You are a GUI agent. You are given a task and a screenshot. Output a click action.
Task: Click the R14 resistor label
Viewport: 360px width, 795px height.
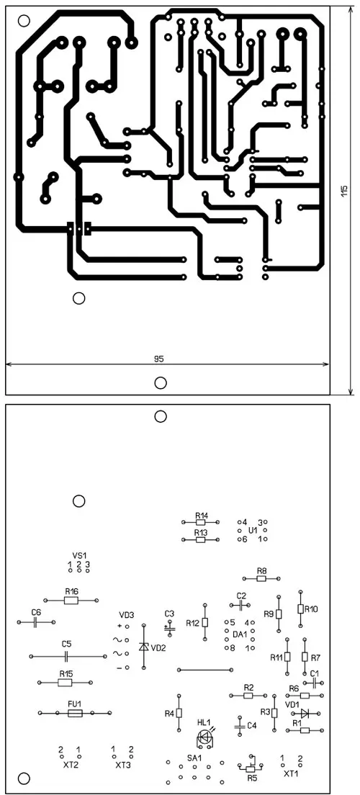[202, 514]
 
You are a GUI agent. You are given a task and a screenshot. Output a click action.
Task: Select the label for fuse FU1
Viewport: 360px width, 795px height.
[75, 704]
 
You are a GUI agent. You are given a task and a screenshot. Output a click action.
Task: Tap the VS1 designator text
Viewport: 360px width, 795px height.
[78, 556]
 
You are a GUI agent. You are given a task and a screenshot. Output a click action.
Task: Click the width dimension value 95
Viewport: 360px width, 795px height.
[158, 359]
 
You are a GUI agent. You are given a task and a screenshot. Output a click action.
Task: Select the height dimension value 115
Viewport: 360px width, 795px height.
[344, 191]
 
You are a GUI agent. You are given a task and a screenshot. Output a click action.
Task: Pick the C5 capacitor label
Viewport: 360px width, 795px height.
[66, 644]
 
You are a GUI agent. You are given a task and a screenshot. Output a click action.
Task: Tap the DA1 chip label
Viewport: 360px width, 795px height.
[240, 634]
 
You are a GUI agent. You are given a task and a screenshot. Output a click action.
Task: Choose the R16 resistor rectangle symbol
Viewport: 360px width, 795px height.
[71, 601]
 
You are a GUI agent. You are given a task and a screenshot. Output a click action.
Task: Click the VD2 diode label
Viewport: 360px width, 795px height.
[160, 647]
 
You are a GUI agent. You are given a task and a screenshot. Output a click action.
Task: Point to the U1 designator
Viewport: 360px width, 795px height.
[253, 530]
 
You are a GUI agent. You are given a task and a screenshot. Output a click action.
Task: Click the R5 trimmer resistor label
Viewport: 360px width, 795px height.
[252, 778]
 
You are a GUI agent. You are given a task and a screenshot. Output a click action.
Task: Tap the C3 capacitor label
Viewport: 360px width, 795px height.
[169, 614]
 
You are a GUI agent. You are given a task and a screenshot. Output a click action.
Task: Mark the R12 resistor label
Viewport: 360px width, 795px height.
[193, 623]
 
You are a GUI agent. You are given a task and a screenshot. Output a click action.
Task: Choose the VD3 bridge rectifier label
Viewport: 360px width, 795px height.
[127, 615]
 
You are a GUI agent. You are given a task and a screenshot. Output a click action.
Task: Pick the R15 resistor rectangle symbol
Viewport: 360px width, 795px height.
[65, 683]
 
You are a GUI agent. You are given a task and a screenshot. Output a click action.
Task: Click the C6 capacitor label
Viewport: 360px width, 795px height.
[36, 613]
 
